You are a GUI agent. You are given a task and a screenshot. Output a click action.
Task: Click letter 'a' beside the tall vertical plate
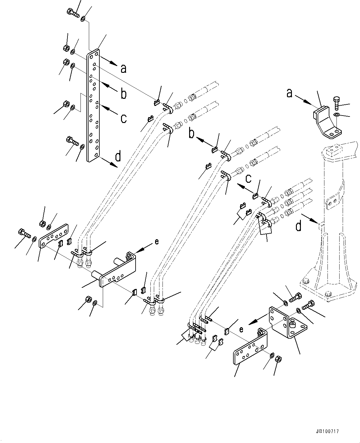tap(124, 68)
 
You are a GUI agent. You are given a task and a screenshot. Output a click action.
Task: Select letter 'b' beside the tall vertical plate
tap(124, 94)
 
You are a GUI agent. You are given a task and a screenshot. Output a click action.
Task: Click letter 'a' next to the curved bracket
tap(289, 93)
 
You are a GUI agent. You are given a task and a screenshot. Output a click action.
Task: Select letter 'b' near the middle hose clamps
tap(192, 134)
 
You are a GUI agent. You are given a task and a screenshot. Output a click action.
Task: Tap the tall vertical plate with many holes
tap(93, 105)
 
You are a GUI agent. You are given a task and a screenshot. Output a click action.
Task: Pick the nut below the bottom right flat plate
tap(278, 359)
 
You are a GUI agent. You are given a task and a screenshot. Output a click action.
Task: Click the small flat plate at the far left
tap(53, 236)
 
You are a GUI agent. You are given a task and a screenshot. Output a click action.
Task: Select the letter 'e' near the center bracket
tap(157, 242)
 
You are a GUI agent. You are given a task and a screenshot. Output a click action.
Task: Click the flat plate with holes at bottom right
tap(250, 349)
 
